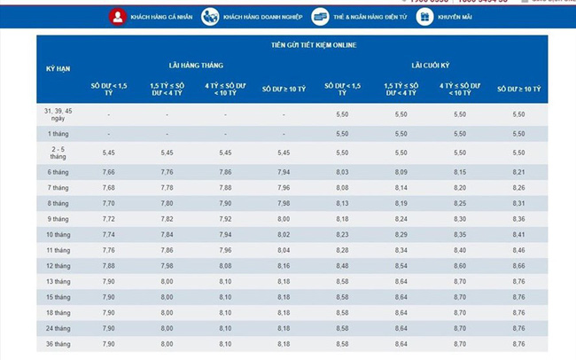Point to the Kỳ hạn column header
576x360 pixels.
click(58, 69)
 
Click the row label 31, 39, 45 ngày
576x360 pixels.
click(58, 114)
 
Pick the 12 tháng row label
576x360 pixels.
click(58, 265)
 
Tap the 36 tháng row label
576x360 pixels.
click(58, 343)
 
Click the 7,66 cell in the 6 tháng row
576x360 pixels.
click(109, 171)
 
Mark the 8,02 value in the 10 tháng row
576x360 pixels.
click(284, 234)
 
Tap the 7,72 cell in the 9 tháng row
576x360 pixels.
click(109, 218)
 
